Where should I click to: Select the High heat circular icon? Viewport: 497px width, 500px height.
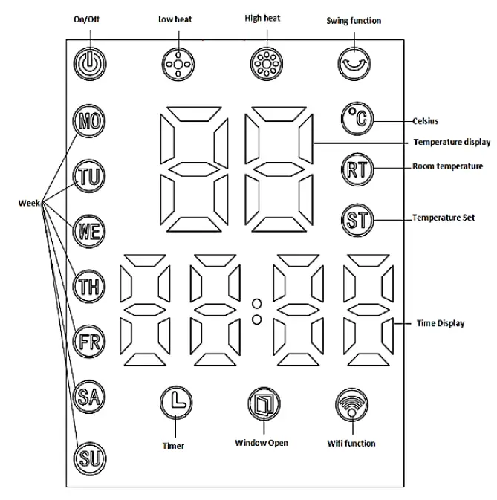click(264, 64)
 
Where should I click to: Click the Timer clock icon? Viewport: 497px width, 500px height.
click(176, 403)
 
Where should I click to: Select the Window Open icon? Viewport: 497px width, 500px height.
click(262, 403)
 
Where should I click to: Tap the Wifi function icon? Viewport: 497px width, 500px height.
click(351, 403)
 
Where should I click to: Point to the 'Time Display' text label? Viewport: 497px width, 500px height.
click(440, 323)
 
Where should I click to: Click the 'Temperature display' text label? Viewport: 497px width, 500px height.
click(451, 141)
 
